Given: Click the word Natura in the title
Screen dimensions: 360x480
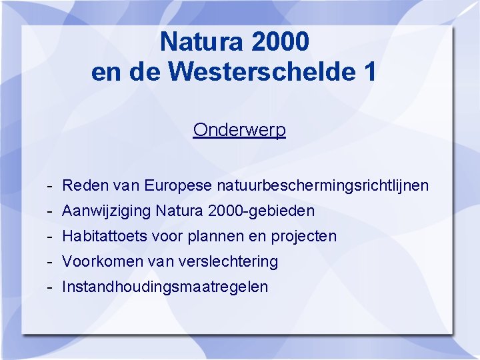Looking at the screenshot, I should click(x=201, y=42).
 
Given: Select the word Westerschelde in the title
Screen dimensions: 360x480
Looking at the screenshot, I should click(x=263, y=72).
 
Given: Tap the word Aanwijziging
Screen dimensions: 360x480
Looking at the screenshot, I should click(x=106, y=211).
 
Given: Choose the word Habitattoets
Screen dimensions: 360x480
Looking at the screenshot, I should click(x=103, y=236).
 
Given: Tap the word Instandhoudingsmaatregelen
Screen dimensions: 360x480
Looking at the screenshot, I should click(x=165, y=287).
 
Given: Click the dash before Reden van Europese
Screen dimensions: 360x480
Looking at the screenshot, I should click(x=51, y=185).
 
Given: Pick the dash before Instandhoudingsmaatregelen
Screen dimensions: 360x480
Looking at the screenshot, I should click(x=51, y=287).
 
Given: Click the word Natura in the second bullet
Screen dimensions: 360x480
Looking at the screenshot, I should click(x=179, y=211).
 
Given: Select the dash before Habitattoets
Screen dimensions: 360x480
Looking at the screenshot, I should click(x=51, y=237).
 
